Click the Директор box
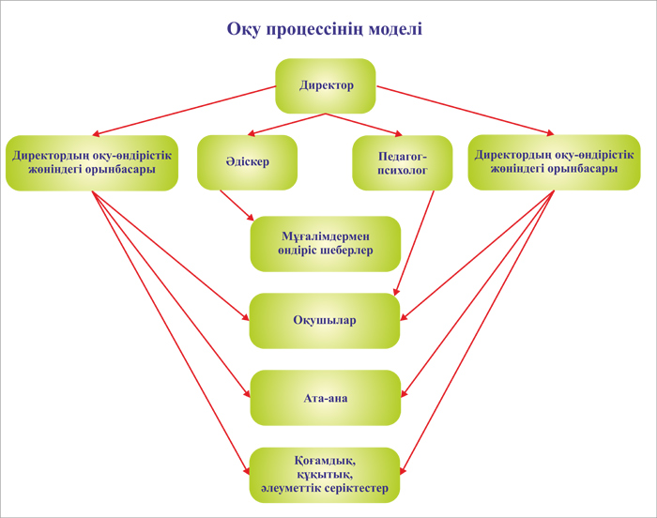pyautogui.click(x=326, y=86)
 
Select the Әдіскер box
pyautogui.click(x=247, y=162)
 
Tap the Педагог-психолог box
pyautogui.click(x=403, y=162)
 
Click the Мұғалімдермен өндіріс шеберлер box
pyautogui.click(x=326, y=244)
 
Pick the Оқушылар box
pyautogui.click(x=325, y=321)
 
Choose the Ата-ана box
pyautogui.click(x=326, y=398)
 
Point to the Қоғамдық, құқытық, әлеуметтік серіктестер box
pyautogui.click(x=325, y=475)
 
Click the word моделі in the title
pyautogui.click(x=395, y=29)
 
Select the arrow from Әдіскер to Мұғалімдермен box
pyautogui.click(x=237, y=206)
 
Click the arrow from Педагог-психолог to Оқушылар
pyautogui.click(x=414, y=243)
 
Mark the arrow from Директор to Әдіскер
pyautogui.click(x=286, y=125)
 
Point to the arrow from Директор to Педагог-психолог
pyautogui.click(x=364, y=125)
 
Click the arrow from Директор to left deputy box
pyautogui.click(x=184, y=111)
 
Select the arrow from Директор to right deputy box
pyautogui.click(x=466, y=111)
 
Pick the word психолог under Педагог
pyautogui.click(x=403, y=171)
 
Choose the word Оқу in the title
pyautogui.click(x=244, y=30)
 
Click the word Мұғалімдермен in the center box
pyautogui.click(x=326, y=236)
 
